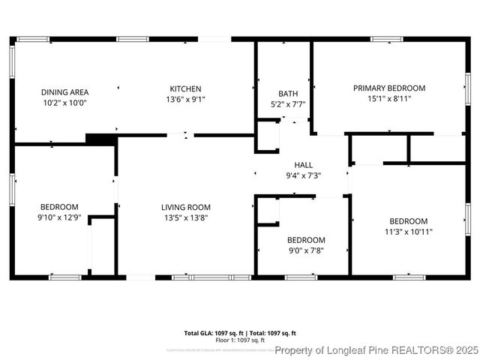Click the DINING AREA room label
click(64, 92)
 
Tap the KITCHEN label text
click(185, 88)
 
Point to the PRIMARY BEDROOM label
click(389, 88)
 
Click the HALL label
click(303, 165)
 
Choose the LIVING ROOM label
click(186, 207)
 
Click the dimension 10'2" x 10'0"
click(64, 103)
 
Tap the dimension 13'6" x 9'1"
click(185, 99)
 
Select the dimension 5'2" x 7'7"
click(287, 105)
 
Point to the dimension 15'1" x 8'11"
click(389, 98)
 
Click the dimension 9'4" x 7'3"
click(303, 175)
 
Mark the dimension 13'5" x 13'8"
click(186, 217)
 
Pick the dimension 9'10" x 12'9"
click(59, 217)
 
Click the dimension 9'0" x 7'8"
click(306, 250)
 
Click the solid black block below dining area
click(100, 139)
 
